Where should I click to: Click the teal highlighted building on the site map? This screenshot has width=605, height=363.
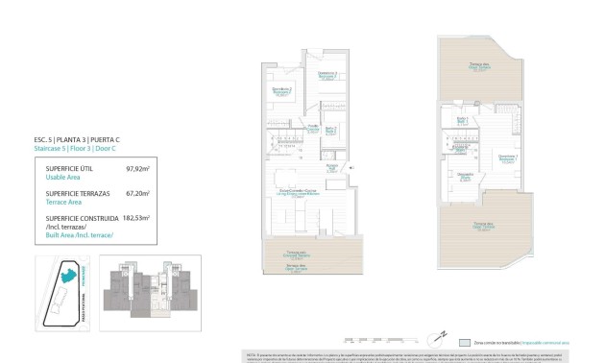69,277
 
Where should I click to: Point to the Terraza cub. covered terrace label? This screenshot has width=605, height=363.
297,254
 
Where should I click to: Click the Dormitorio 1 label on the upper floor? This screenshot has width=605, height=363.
508,157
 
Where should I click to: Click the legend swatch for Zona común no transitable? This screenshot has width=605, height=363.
466,341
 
